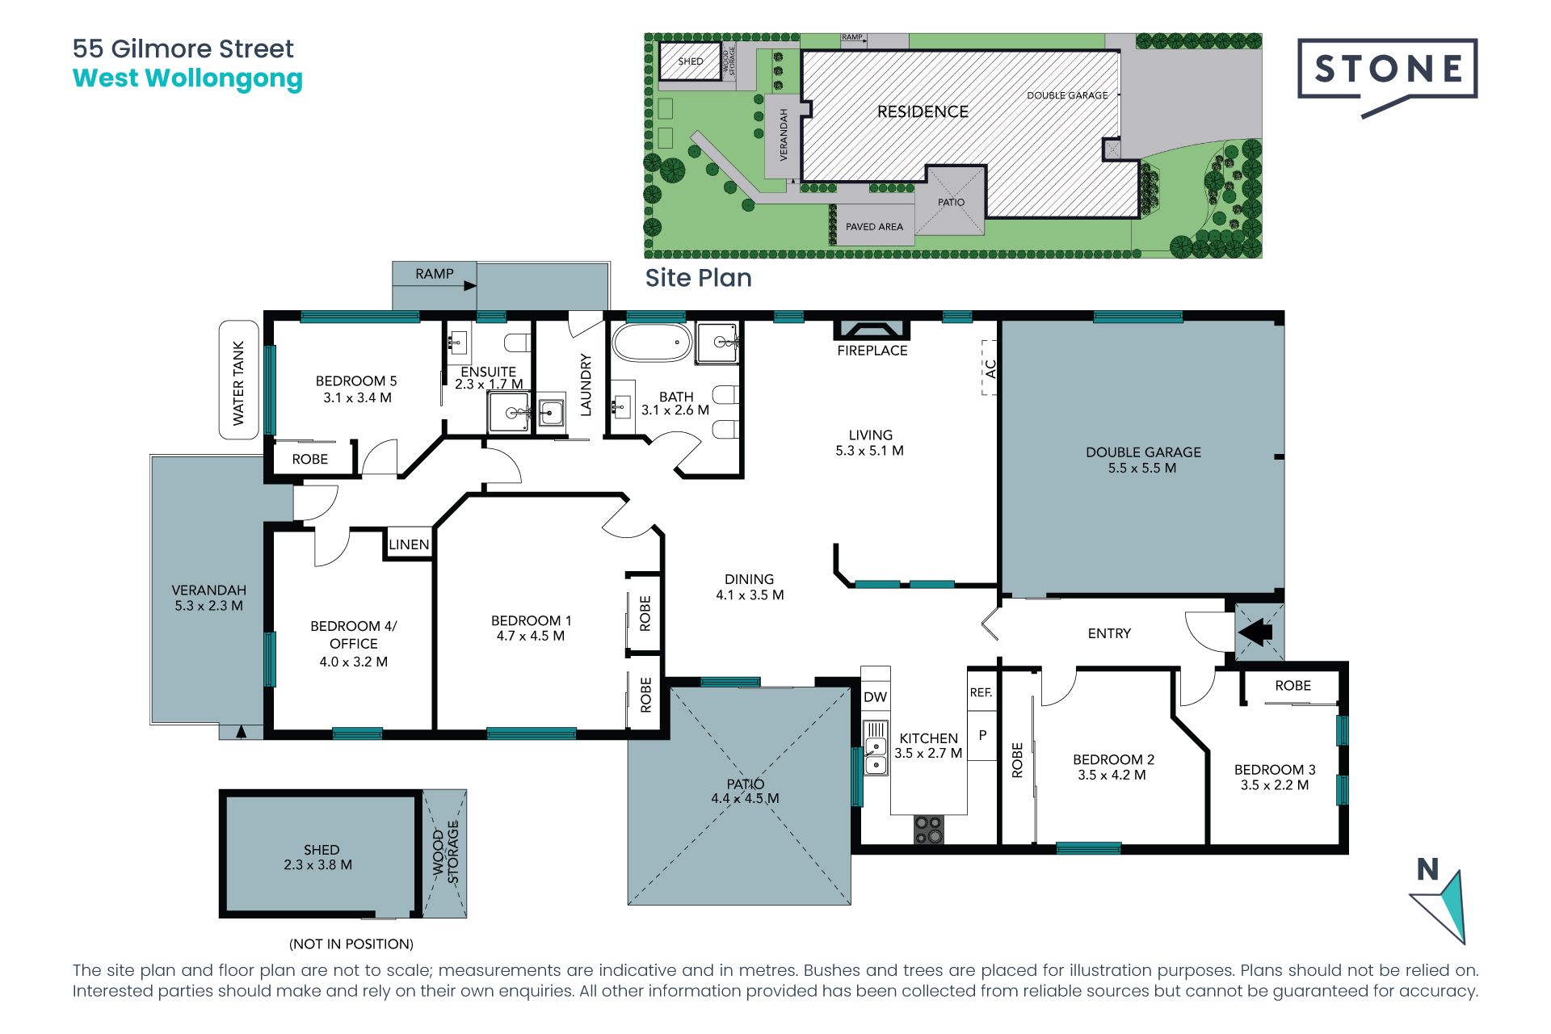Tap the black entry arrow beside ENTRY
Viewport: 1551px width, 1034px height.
pos(1256,632)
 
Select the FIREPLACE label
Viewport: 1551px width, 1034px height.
pos(872,351)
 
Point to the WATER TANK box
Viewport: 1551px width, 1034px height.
pos(239,380)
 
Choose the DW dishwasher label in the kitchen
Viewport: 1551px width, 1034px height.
pos(875,697)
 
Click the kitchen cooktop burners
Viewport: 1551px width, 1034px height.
pos(929,830)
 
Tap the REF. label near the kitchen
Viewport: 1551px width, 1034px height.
pos(981,692)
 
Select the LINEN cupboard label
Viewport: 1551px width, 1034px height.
pos(409,544)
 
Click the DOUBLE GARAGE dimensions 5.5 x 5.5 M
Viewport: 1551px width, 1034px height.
pos(1142,468)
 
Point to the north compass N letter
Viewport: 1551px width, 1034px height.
pos(1428,869)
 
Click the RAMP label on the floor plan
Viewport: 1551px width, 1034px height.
pos(435,274)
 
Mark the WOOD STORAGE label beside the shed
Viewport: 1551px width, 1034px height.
pos(445,852)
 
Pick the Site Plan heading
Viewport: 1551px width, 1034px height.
pos(699,278)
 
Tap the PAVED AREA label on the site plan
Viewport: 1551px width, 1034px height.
pos(874,227)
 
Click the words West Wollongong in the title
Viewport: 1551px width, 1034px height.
pos(187,78)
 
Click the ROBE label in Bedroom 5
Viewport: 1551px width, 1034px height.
pos(310,459)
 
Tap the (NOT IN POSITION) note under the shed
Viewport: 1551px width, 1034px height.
pos(351,944)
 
